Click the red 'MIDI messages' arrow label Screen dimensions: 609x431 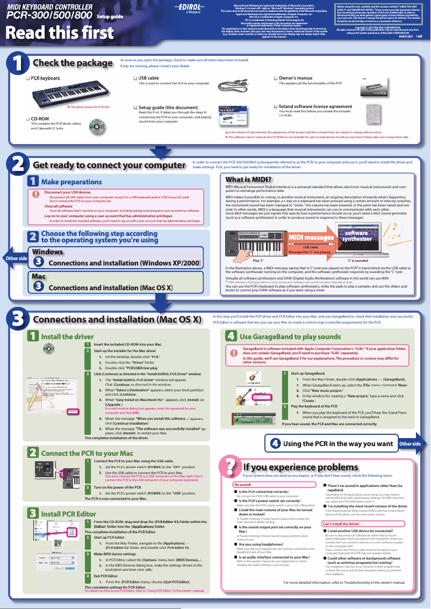coord(312,238)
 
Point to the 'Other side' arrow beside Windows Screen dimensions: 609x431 coord(15,259)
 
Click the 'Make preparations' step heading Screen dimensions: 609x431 coord(71,182)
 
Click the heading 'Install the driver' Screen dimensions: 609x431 coord(67,336)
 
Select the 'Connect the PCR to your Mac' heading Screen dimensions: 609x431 coord(87,453)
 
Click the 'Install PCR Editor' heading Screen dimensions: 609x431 coord(68,514)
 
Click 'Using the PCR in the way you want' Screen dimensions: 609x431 coord(337,443)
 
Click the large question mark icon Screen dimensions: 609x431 coord(229,468)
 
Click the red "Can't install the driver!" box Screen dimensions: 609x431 coord(341,524)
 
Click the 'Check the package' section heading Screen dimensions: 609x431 coord(73,63)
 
